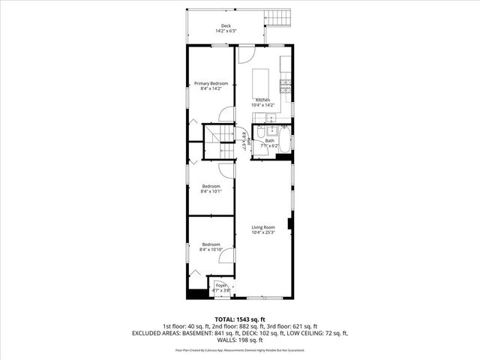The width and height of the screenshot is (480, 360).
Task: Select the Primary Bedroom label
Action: click(x=211, y=86)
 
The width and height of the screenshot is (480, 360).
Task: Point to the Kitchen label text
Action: click(x=262, y=103)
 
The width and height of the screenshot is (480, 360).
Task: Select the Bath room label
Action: click(x=270, y=141)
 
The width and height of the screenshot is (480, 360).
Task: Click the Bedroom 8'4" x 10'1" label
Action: click(x=211, y=188)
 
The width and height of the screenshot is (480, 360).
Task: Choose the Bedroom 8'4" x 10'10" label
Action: click(x=211, y=246)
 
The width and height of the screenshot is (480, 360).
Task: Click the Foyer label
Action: click(x=220, y=287)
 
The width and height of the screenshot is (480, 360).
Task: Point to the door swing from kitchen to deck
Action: click(x=247, y=55)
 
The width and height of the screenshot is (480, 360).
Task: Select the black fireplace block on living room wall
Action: click(x=291, y=222)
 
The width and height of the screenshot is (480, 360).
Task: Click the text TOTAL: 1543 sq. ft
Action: click(x=240, y=319)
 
